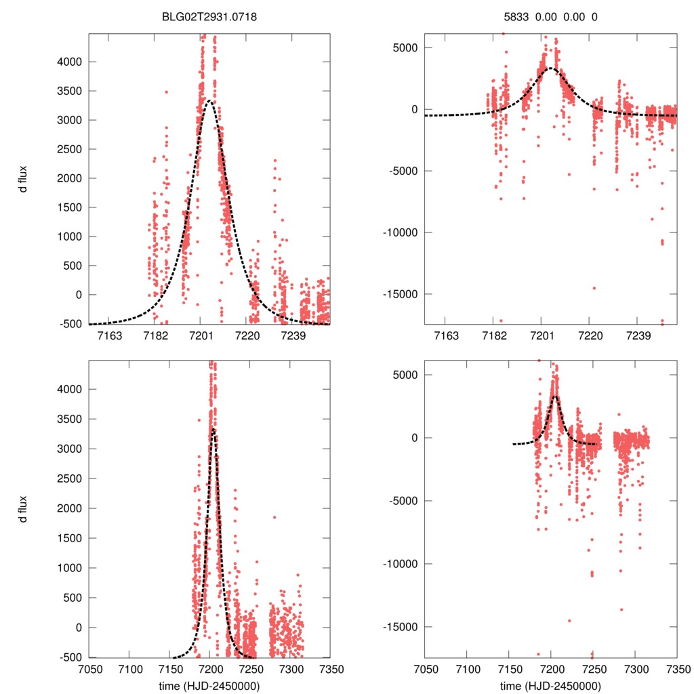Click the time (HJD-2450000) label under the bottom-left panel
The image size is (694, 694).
click(x=209, y=686)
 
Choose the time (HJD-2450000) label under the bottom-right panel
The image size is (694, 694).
click(x=550, y=686)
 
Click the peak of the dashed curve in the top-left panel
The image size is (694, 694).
click(x=210, y=102)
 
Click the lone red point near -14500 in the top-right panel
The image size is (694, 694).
click(x=594, y=288)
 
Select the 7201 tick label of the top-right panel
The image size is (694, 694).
click(x=541, y=336)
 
